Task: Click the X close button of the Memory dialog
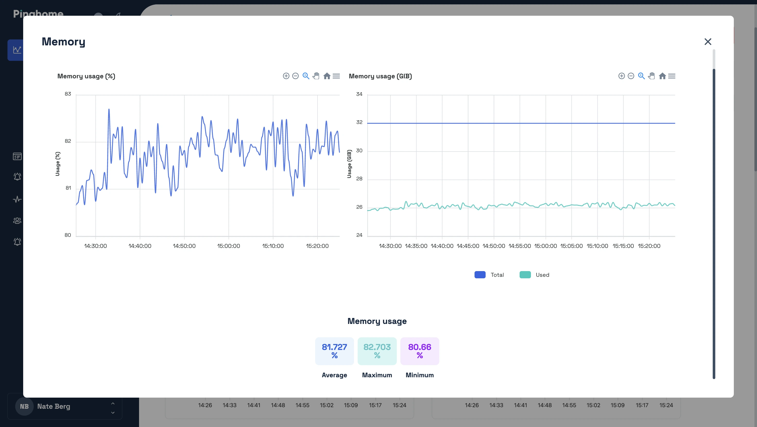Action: [x=708, y=42]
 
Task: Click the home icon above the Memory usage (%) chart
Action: [x=327, y=76]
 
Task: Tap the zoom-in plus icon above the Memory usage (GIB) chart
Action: [x=621, y=76]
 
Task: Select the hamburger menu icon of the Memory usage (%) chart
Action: [x=337, y=76]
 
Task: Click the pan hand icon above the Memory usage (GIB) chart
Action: [x=651, y=76]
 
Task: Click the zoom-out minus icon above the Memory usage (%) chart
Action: [x=295, y=76]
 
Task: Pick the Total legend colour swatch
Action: [x=480, y=275]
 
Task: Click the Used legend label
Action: [x=542, y=275]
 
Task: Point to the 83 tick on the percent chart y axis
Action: [x=68, y=94]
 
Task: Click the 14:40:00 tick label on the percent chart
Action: [x=140, y=246]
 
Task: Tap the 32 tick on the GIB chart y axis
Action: [x=359, y=122]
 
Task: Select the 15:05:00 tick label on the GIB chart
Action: [x=571, y=246]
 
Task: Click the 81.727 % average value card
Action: [x=334, y=351]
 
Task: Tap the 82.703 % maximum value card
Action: [x=377, y=351]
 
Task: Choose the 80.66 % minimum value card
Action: [x=419, y=351]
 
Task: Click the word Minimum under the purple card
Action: [x=419, y=375]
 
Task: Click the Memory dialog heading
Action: [x=64, y=42]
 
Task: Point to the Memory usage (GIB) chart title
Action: [x=380, y=76]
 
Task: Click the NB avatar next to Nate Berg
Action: [x=24, y=406]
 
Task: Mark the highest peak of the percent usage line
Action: [x=109, y=110]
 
